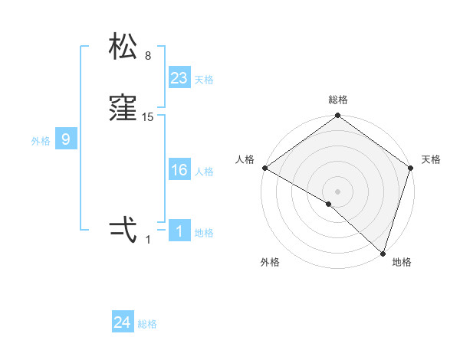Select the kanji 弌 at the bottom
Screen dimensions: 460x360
[123, 229]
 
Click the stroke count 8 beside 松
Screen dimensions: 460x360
[148, 56]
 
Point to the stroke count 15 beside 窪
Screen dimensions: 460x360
[148, 117]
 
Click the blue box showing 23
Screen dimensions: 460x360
[179, 77]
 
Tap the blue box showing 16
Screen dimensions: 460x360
[179, 170]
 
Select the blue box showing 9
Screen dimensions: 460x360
[66, 139]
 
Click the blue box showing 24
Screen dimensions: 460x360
[123, 322]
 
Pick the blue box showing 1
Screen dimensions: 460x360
[179, 231]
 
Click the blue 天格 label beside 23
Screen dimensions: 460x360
[204, 80]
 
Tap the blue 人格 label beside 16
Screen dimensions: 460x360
[204, 172]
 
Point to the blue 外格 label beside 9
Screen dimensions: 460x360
[41, 141]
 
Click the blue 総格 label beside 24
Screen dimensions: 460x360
[147, 324]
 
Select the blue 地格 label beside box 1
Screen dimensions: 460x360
[204, 233]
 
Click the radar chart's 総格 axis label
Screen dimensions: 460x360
[338, 100]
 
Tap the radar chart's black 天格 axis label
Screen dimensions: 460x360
[431, 159]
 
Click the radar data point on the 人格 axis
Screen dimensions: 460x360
[264, 168]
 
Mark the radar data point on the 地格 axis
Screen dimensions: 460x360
[383, 252]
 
